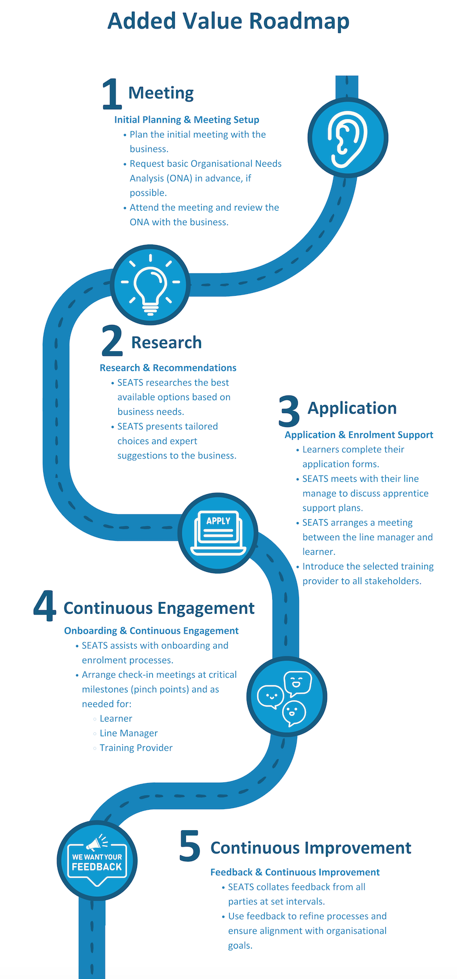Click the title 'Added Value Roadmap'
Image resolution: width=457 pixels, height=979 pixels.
click(228, 22)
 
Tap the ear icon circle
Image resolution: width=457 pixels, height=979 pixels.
click(348, 137)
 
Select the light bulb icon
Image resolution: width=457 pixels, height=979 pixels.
click(150, 284)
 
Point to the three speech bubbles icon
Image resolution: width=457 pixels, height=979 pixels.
click(287, 696)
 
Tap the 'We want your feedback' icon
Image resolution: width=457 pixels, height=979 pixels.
click(97, 861)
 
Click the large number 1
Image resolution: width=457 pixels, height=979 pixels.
click(111, 94)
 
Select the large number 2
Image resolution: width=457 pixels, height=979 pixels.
click(112, 341)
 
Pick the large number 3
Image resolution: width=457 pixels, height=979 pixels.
click(289, 411)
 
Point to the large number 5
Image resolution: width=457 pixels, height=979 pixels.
click(189, 846)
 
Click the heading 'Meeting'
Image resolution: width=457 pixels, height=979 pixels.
click(161, 93)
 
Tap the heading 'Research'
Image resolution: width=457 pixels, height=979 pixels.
click(166, 342)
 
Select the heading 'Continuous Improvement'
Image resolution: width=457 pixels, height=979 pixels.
click(311, 848)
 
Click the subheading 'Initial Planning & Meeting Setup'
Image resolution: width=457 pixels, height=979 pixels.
click(187, 120)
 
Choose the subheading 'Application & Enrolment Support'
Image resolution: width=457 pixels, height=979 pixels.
click(358, 435)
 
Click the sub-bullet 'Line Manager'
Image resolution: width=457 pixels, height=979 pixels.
click(128, 733)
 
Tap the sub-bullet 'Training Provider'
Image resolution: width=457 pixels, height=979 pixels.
click(136, 748)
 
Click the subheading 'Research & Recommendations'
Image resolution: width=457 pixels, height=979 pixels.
click(168, 368)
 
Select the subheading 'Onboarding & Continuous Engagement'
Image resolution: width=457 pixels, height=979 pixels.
click(151, 631)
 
